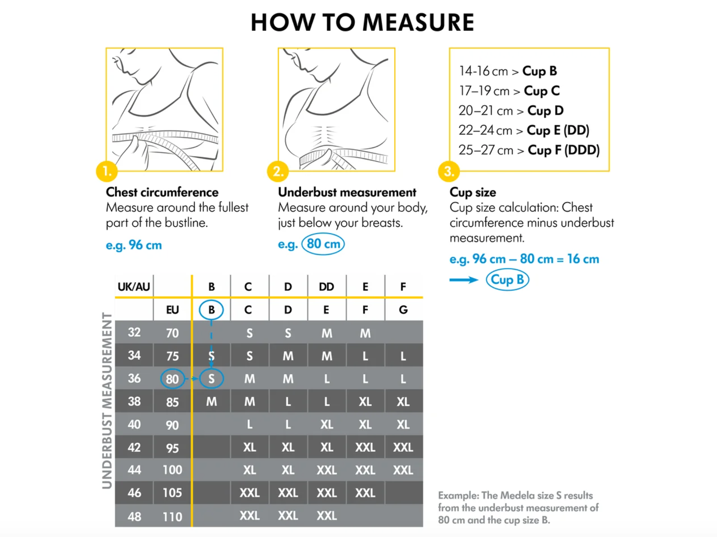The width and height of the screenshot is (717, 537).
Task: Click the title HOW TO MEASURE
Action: tap(362, 22)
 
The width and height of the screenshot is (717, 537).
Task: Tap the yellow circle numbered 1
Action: tap(107, 171)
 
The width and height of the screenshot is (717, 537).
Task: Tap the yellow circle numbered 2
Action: tap(278, 171)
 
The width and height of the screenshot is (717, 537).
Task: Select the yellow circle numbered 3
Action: tap(449, 171)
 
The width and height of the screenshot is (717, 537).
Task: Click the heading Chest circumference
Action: tap(162, 192)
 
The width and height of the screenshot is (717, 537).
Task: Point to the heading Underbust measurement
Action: tap(347, 192)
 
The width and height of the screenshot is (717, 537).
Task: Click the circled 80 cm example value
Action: tap(323, 244)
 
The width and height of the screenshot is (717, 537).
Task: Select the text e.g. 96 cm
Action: tap(134, 245)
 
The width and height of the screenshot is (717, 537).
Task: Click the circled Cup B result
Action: tap(507, 280)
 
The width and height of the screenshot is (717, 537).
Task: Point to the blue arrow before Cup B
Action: tap(464, 280)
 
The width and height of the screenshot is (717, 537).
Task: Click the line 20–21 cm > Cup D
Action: tap(511, 111)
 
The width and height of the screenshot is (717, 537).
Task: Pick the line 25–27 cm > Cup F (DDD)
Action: tap(529, 150)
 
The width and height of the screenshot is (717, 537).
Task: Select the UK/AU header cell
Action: tap(134, 287)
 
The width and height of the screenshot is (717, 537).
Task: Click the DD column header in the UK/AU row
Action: tap(326, 287)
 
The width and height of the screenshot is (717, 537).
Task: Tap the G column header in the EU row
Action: tap(403, 310)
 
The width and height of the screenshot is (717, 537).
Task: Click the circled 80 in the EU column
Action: tap(172, 379)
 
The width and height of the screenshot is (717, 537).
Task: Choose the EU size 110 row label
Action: tap(172, 516)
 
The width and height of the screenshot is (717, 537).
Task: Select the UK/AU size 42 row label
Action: tap(134, 447)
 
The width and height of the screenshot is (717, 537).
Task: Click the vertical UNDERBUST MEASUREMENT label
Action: tap(107, 400)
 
